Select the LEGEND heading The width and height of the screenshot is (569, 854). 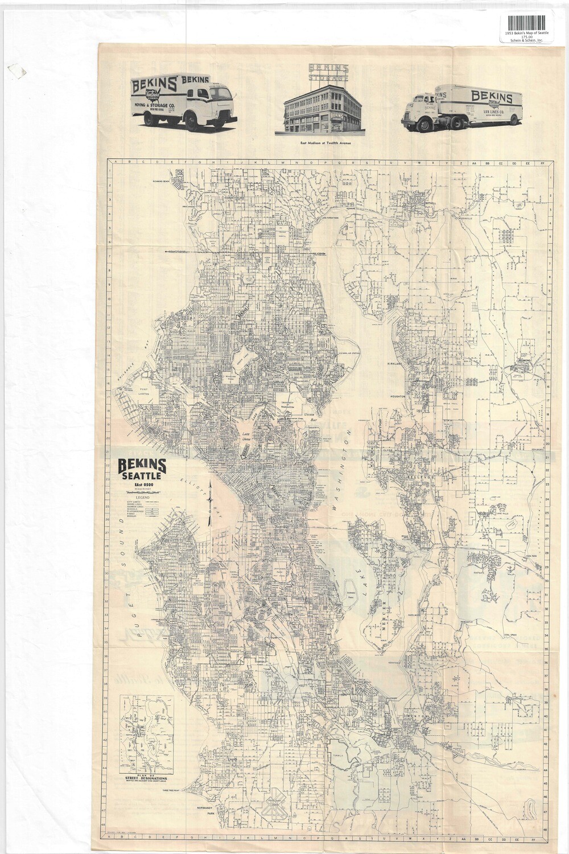point(138,497)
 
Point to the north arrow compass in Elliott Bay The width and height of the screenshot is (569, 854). point(212,501)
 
